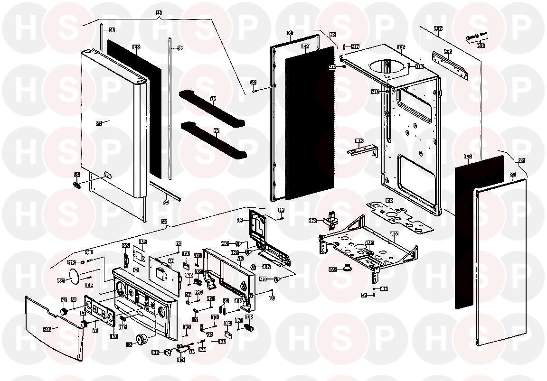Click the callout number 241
47,329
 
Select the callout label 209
447,51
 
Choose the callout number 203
481,46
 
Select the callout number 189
394,234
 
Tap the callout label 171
384,288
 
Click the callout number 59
164,221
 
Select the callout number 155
142,242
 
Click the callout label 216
123,327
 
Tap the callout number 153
114,336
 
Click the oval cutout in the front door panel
107,174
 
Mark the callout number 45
521,161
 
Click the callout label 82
240,220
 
